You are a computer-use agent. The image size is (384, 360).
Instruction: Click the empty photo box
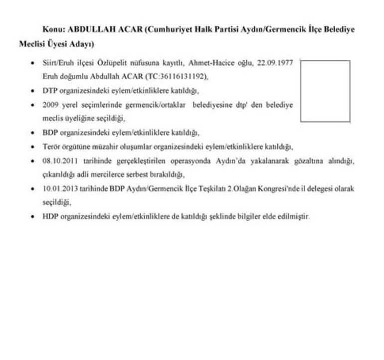click(325, 91)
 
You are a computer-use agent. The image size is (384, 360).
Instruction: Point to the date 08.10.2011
click(59, 162)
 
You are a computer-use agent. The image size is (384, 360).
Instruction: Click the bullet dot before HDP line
click(33, 217)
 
